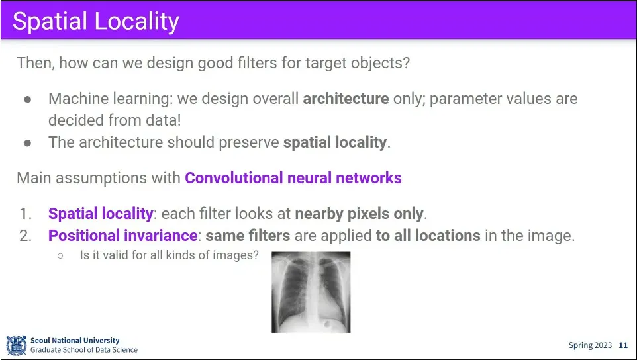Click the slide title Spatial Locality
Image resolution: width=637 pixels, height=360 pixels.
(x=96, y=22)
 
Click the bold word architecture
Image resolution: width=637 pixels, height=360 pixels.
(x=346, y=99)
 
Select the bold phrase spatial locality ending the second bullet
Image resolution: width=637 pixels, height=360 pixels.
(x=335, y=142)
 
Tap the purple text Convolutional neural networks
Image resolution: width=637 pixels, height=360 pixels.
(x=293, y=178)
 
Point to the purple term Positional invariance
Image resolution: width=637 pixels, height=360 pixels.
(x=123, y=236)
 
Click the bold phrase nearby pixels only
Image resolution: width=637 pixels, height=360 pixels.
(x=359, y=214)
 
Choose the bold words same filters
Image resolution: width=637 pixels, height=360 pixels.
(x=248, y=236)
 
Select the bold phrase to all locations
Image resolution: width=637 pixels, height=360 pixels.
(x=428, y=236)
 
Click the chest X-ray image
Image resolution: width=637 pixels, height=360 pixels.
(x=311, y=292)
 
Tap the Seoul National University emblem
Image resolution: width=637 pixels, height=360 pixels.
(x=17, y=345)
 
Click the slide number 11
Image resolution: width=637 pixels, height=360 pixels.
(x=623, y=345)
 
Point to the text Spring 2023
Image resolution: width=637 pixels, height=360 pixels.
(x=590, y=345)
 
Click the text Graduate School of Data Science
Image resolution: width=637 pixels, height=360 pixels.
(x=84, y=350)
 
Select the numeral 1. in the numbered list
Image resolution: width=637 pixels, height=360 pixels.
(x=26, y=214)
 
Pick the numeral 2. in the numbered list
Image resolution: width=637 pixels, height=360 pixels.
(x=26, y=236)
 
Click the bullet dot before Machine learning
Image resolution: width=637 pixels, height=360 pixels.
(x=28, y=99)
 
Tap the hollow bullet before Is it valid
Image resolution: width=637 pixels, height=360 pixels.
(x=60, y=255)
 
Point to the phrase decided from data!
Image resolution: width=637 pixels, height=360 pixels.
(x=115, y=120)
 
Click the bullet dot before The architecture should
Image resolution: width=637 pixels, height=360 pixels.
(x=28, y=143)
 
